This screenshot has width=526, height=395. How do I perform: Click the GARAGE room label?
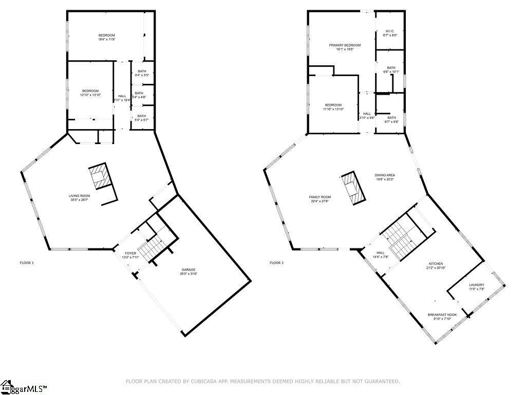click(188, 270)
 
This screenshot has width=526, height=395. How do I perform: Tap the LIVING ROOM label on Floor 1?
click(80, 195)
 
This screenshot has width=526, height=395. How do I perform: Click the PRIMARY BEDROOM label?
click(345, 45)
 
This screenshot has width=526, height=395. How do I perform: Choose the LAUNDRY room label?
click(476, 284)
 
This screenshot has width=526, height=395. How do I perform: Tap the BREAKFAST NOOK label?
click(442, 315)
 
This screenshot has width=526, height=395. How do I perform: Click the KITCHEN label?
click(436, 263)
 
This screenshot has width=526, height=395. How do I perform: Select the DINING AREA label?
click(385, 175)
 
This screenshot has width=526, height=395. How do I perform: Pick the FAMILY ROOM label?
click(320, 197)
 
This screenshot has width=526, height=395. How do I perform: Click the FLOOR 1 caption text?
click(27, 263)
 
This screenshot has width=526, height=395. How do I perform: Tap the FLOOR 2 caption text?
click(276, 263)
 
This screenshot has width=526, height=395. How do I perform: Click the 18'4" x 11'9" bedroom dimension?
click(107, 39)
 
